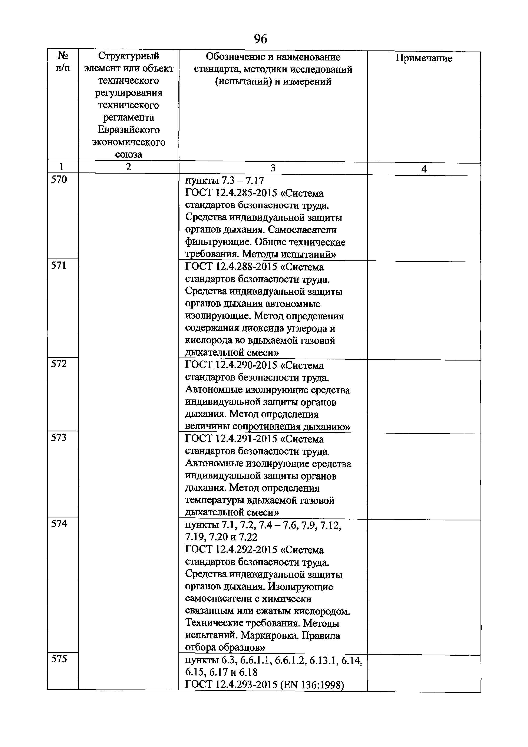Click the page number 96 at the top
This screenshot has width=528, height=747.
pos(260,39)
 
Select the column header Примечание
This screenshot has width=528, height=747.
pos(424,58)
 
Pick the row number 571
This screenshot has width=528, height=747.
pos(59,266)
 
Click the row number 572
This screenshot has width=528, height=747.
pos(59,364)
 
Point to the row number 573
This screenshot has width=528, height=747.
pos(59,438)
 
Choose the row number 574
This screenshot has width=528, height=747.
pos(59,523)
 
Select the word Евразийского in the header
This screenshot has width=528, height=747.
pos(129,130)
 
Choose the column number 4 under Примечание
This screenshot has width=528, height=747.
pos(424,169)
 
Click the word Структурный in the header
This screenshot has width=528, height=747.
pos(129,56)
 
